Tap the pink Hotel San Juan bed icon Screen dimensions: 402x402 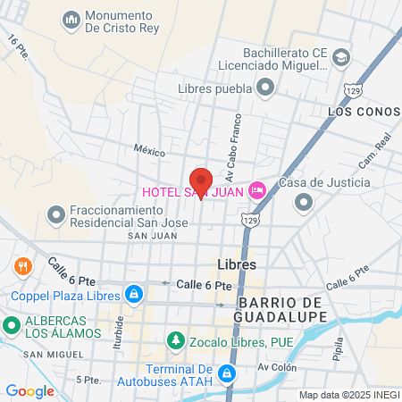pyautogui.click(x=257, y=190)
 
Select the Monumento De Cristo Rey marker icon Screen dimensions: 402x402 pyautogui.click(x=71, y=19)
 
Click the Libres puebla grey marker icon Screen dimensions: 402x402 pyautogui.click(x=265, y=87)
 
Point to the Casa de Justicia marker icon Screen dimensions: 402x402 pyautogui.click(x=304, y=202)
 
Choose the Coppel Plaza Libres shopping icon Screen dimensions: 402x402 pyautogui.click(x=133, y=294)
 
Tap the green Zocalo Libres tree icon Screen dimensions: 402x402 pyautogui.click(x=174, y=341)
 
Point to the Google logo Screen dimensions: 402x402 pyautogui.click(x=29, y=390)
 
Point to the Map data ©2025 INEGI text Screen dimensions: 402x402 pyautogui.click(x=348, y=394)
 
